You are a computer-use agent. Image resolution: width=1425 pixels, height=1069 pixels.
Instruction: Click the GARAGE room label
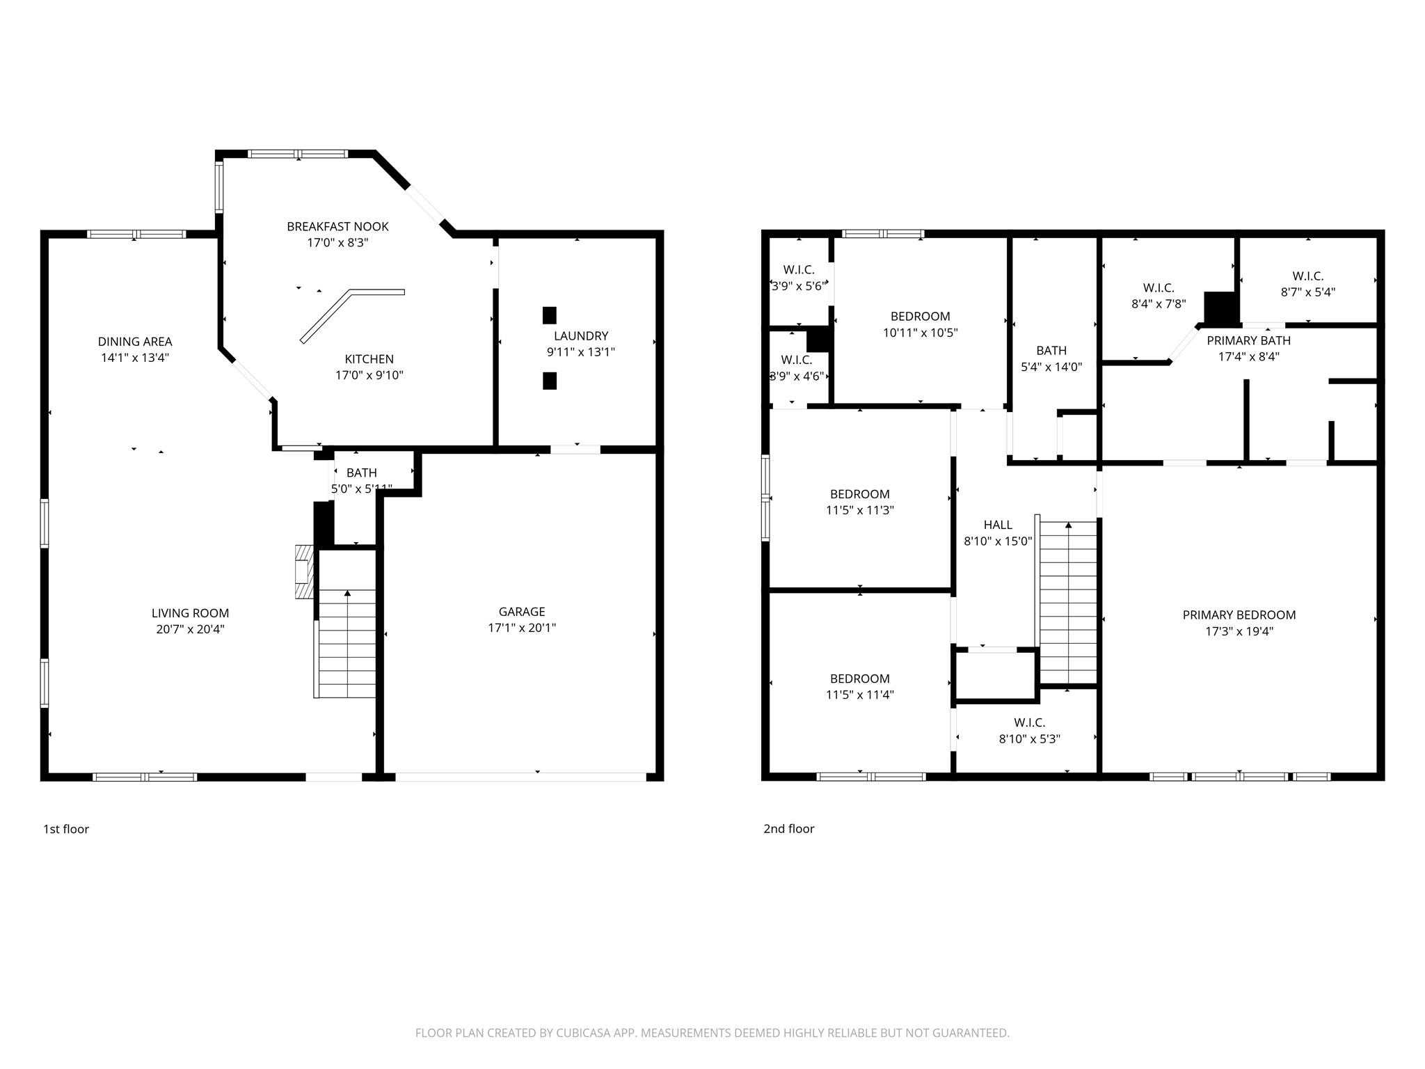[521, 612]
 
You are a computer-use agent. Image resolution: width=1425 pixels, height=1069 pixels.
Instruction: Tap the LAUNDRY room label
[580, 336]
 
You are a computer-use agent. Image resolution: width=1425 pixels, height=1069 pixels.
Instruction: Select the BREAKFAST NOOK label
[337, 227]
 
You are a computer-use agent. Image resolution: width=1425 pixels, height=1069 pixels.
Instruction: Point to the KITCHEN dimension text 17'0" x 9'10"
[369, 375]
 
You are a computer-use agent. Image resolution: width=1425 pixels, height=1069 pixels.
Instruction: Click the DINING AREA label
[134, 342]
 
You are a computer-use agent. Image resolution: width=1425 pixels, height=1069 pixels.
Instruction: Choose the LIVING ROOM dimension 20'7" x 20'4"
[190, 630]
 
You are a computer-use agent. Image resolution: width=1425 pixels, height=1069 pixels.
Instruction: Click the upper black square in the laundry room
[550, 315]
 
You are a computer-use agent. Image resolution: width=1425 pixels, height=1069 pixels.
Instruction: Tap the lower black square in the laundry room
[550, 381]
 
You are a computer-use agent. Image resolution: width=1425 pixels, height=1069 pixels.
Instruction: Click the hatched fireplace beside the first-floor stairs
[303, 571]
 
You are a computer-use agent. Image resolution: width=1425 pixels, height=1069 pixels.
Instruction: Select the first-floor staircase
[347, 644]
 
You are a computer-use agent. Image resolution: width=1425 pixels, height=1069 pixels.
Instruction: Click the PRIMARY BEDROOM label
[1239, 615]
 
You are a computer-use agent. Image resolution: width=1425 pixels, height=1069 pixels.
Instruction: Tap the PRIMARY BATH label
[1248, 341]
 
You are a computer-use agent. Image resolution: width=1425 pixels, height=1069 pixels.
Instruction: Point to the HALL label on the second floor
[998, 525]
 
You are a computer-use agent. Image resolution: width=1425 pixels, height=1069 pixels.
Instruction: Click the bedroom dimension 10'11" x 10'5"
[920, 333]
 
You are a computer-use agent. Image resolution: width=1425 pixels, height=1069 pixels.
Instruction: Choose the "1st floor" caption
[66, 829]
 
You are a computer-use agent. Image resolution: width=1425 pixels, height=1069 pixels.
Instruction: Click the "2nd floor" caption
[788, 829]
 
